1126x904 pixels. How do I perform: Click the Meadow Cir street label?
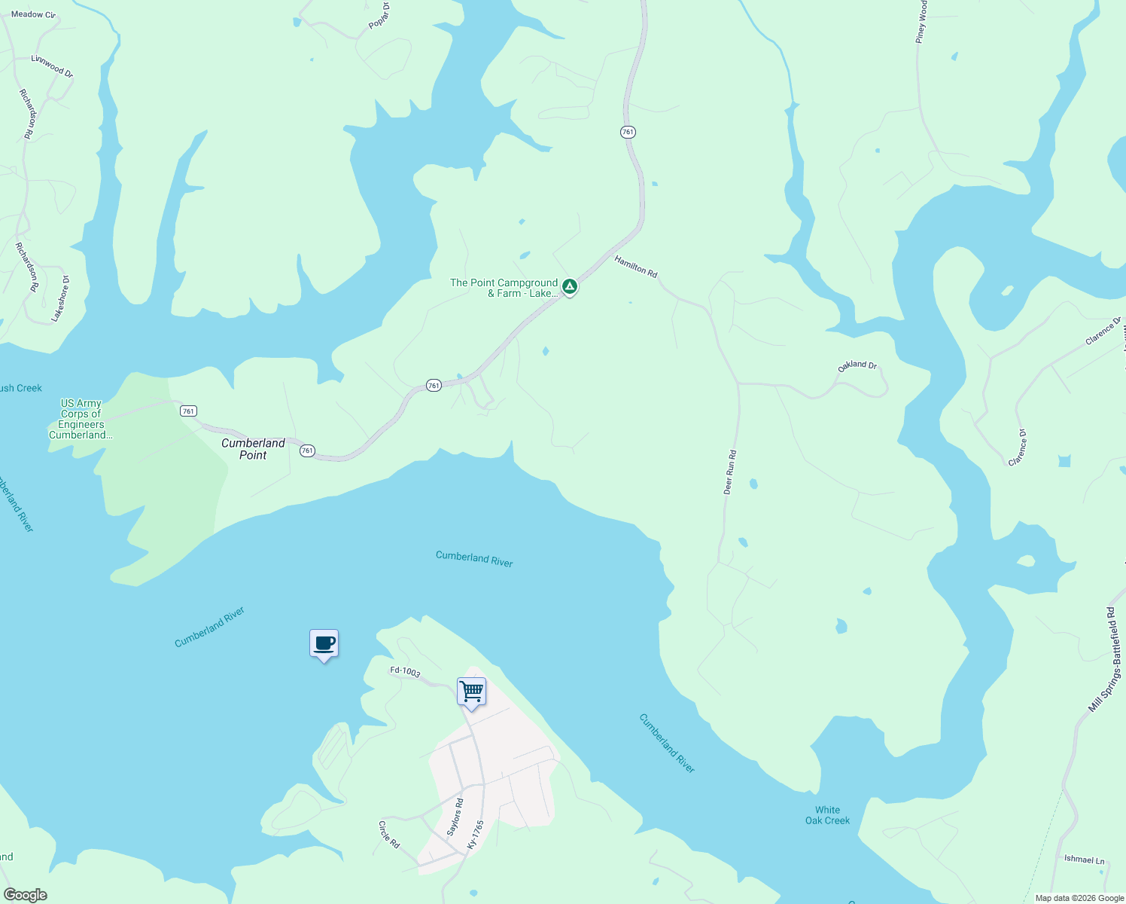point(33,14)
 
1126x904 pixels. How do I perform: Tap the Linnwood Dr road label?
point(53,66)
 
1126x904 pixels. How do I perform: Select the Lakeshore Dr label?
point(61,299)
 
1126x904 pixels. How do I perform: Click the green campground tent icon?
point(571,286)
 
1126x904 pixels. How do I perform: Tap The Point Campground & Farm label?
point(504,288)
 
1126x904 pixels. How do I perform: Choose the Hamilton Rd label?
point(636,267)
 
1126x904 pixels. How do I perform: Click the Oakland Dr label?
point(857,366)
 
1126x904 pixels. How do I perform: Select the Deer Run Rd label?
point(729,472)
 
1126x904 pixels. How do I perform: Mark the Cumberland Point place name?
point(253,449)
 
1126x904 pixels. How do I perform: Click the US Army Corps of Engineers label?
point(81,419)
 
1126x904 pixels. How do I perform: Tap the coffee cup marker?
point(324,643)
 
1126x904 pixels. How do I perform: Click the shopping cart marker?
point(472,691)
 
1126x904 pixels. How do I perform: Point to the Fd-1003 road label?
point(405,671)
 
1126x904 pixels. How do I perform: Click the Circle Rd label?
point(389,834)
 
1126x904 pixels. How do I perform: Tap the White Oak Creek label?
point(827,815)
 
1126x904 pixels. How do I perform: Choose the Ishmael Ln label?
point(1084,860)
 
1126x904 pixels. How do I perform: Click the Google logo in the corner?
point(26,895)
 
